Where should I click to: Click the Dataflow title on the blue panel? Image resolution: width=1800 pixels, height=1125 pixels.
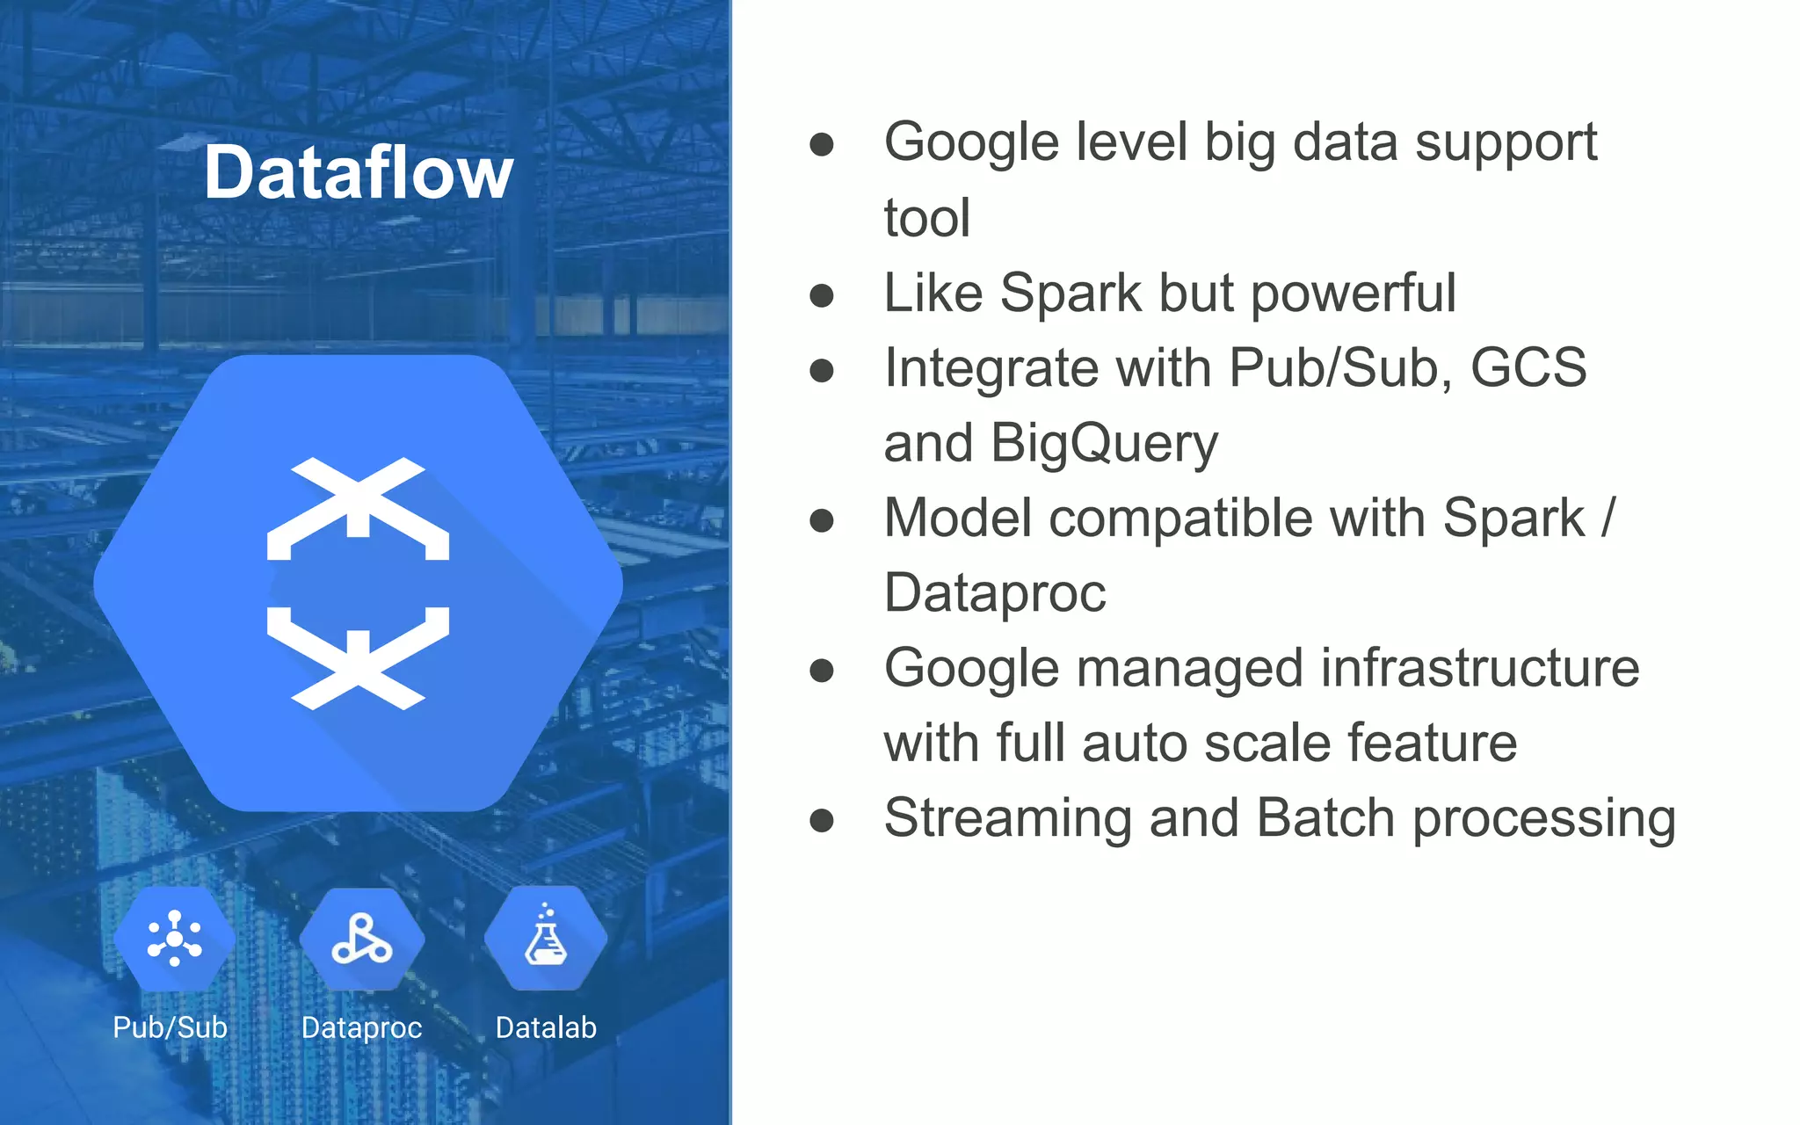358,173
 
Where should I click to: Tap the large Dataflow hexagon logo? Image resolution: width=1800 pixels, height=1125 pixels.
358,583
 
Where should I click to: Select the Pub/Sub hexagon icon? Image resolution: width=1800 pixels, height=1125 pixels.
174,939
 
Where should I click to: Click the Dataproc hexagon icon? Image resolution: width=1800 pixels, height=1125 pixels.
361,939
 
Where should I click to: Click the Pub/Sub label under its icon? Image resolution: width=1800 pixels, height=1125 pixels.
170,1027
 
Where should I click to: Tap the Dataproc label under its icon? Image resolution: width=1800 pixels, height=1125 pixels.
361,1027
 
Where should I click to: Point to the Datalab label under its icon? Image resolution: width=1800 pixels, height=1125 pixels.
546,1027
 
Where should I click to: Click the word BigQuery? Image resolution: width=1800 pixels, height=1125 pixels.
1104,444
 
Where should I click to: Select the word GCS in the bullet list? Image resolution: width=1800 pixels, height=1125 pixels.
1528,367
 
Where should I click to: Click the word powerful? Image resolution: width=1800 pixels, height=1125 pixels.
1354,293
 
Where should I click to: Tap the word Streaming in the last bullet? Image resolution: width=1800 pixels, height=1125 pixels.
1007,819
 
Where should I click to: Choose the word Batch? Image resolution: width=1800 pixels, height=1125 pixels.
1325,819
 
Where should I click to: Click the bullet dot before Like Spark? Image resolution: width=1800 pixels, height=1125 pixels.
822,295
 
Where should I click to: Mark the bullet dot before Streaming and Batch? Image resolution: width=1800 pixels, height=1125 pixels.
822,821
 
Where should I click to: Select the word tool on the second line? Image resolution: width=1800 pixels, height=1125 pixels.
926,218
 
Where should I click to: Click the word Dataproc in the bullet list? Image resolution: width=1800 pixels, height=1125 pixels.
994,594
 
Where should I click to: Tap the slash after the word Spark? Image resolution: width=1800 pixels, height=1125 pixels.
1608,519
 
